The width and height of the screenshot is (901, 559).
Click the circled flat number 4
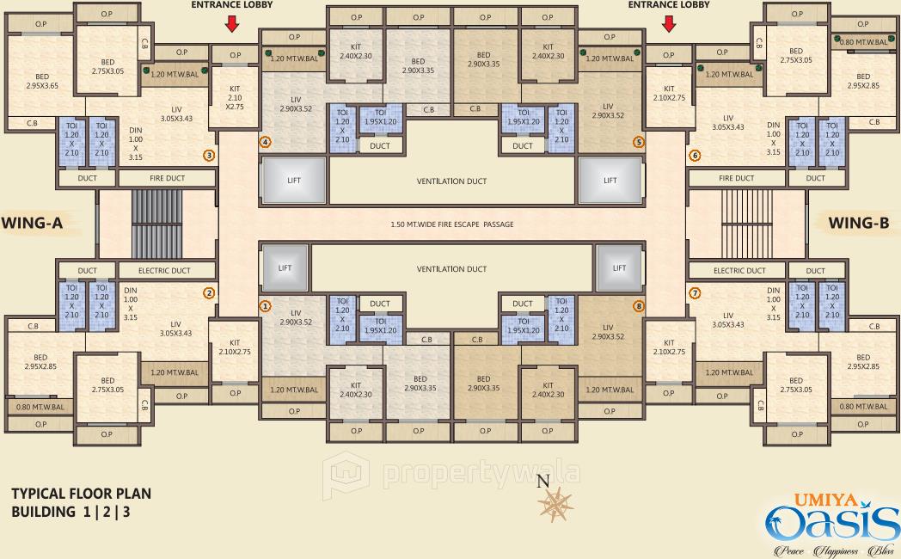click(x=266, y=142)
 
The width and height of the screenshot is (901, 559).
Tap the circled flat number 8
click(x=638, y=305)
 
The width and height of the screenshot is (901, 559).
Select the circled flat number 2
click(x=209, y=292)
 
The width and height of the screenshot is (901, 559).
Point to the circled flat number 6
click(x=695, y=156)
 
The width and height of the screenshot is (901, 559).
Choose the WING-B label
click(x=858, y=224)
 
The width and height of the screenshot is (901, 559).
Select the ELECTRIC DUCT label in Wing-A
click(x=164, y=271)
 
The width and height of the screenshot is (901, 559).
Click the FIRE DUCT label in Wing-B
click(x=736, y=179)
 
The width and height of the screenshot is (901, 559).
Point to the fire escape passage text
click(x=451, y=224)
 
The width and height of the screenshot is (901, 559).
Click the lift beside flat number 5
click(x=610, y=181)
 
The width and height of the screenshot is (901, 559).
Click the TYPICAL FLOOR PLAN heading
click(x=81, y=494)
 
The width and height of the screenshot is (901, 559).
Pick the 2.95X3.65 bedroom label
click(x=40, y=81)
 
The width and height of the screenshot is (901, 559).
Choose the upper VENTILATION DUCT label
click(x=451, y=181)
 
